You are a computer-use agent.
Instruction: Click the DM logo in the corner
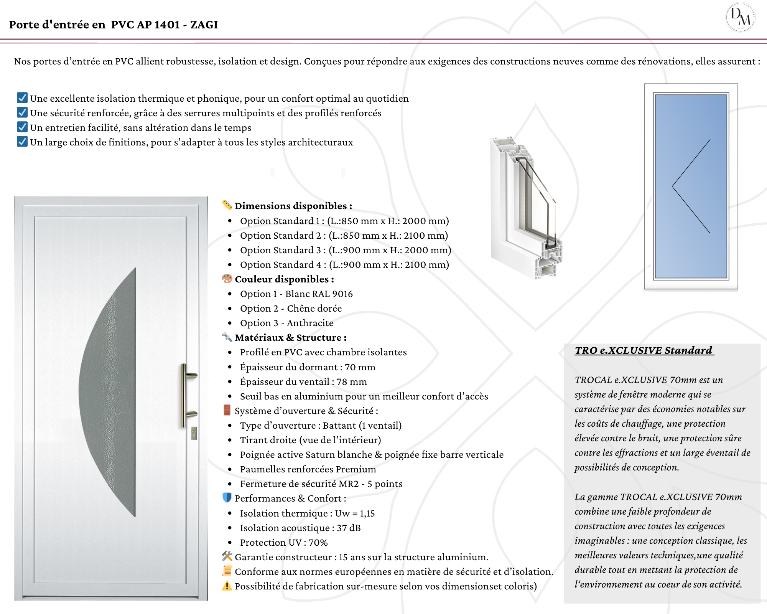pos(740,17)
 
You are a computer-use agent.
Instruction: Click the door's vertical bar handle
pos(184,395)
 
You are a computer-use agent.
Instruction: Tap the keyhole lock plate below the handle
pos(194,434)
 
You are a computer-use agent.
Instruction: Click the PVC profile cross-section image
pos(525,207)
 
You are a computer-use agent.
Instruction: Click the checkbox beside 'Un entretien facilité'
pos(22,127)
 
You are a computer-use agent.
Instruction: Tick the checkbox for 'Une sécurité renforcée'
pos(22,112)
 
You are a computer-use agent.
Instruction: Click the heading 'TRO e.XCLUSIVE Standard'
pos(644,350)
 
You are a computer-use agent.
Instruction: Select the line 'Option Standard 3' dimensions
pos(345,250)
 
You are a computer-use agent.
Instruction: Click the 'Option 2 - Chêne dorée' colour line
pos(291,309)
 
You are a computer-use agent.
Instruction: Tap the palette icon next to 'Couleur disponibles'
pos(227,279)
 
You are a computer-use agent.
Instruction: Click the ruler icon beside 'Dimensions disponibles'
pos(227,205)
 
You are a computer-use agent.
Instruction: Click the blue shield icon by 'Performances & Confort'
pos(227,498)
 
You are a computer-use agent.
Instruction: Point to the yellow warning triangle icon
pos(227,586)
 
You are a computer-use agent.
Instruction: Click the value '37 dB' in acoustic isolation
pos(349,528)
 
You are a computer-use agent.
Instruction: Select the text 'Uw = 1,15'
pos(355,513)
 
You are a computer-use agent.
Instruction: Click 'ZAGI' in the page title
pos(204,25)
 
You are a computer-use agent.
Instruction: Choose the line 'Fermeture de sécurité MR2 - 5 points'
pos(321,484)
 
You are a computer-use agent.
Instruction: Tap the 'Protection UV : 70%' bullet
pos(284,543)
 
